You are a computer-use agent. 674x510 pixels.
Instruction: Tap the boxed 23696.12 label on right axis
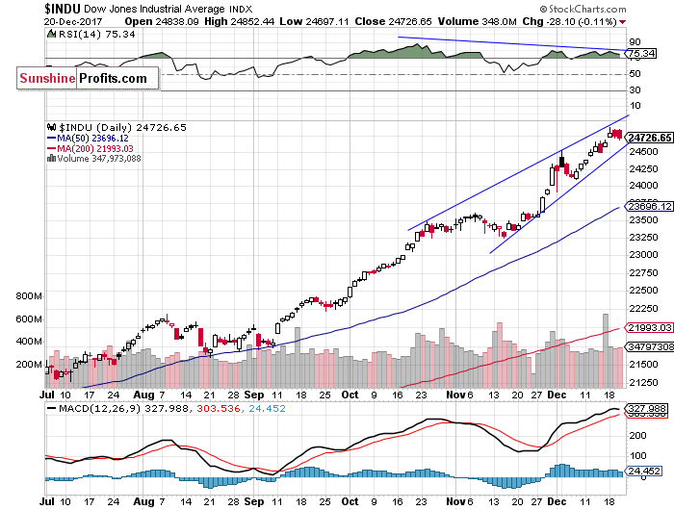click(648, 206)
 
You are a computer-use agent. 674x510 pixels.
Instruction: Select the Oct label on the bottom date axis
click(350, 395)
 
